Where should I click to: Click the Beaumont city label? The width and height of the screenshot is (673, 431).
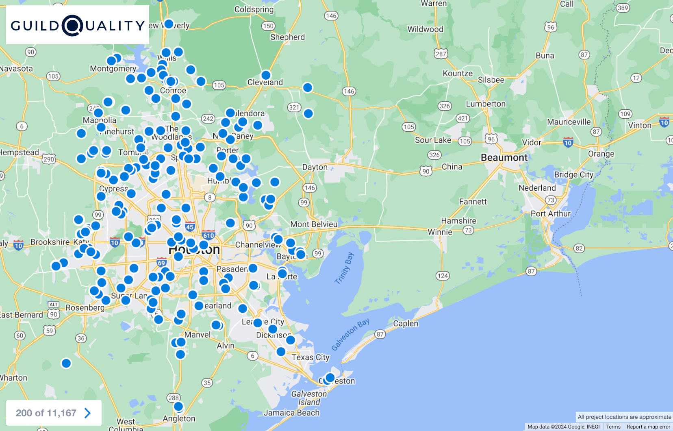point(504,157)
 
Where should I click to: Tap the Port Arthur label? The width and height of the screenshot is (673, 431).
point(551,213)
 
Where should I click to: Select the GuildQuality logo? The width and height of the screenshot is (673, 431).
point(78,25)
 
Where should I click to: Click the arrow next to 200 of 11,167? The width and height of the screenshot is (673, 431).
point(87,413)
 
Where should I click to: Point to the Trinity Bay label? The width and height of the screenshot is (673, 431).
point(344,268)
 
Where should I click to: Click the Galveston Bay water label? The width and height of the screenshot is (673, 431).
point(350,334)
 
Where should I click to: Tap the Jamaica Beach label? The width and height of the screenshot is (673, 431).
point(291,413)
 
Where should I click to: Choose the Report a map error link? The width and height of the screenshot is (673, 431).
point(648,427)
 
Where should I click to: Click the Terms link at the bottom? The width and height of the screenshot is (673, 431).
point(613,427)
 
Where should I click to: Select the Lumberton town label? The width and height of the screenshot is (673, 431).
point(486,104)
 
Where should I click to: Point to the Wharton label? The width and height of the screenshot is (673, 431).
point(13,378)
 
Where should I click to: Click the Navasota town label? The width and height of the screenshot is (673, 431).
point(16,68)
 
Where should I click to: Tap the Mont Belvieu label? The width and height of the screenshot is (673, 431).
point(314,224)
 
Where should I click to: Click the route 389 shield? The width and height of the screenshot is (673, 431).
point(623,8)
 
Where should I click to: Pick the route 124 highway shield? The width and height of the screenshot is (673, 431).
point(443,276)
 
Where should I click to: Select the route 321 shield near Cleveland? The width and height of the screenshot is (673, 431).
point(294,107)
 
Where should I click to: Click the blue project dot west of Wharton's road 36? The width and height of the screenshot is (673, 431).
point(66,363)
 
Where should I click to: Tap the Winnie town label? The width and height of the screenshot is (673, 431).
point(440,232)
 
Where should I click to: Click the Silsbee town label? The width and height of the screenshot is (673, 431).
point(491,80)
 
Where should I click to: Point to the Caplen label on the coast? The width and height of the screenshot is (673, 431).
point(406,323)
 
